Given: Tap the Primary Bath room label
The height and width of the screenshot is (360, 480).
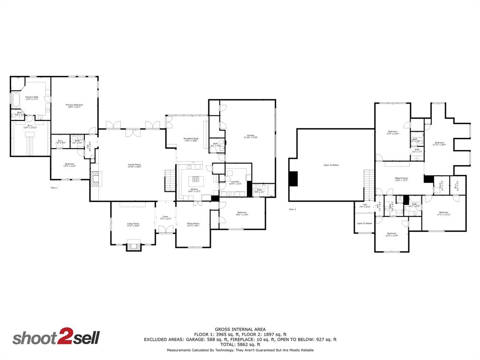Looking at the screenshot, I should click(x=32, y=98).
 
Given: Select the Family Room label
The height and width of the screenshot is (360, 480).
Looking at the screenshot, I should click(x=135, y=165).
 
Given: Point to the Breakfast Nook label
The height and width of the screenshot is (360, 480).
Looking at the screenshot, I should click(x=191, y=139).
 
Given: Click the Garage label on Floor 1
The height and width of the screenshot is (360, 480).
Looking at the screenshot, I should click(x=251, y=136).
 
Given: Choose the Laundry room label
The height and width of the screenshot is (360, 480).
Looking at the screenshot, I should click(x=235, y=183).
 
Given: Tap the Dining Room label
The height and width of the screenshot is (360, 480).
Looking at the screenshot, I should click(x=193, y=225).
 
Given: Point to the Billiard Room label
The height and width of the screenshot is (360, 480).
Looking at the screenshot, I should click(x=401, y=179).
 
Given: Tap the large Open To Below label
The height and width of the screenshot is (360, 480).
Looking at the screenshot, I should click(x=331, y=165).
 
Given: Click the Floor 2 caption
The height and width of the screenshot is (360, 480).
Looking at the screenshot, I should click(x=292, y=209).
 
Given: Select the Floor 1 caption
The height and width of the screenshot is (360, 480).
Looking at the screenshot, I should click(x=54, y=187).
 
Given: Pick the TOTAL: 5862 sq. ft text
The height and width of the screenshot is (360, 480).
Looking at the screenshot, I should click(x=240, y=345).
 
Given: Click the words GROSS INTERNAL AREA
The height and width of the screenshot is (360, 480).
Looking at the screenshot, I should click(x=240, y=329).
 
